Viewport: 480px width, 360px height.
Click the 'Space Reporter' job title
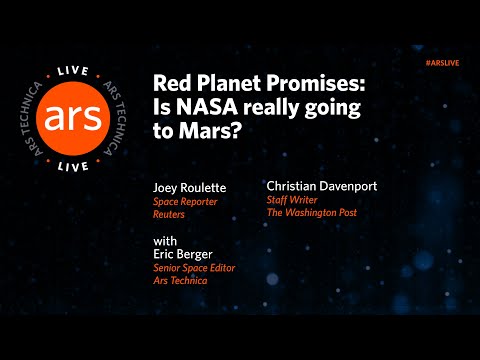point(184,201)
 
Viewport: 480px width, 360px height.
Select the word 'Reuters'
point(170,214)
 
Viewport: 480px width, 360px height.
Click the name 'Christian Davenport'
point(322,186)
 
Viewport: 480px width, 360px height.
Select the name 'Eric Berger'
point(185,255)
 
